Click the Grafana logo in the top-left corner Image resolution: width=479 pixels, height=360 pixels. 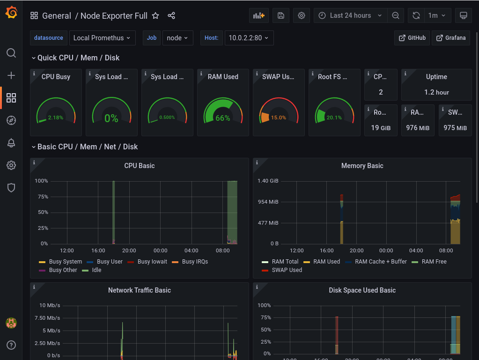click(11, 13)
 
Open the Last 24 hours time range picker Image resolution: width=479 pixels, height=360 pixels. click(350, 15)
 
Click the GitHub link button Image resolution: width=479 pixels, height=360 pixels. click(412, 38)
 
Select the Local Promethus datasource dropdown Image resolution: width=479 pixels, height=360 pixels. click(103, 38)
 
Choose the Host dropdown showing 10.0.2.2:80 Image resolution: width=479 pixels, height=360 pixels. click(249, 38)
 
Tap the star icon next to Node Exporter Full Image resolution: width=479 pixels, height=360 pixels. click(155, 16)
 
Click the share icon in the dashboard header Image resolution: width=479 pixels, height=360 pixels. click(171, 16)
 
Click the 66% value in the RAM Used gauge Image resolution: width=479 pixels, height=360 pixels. click(223, 118)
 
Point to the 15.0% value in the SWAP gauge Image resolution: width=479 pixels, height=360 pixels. click(279, 118)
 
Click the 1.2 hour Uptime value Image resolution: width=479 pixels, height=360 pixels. click(436, 92)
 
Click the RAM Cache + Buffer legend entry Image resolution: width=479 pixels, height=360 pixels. click(381, 262)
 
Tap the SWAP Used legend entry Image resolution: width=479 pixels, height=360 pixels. click(287, 270)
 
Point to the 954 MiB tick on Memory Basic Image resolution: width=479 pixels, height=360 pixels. click(268, 202)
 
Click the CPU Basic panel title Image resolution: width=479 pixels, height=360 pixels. click(139, 166)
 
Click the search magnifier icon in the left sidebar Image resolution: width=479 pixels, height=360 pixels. click(11, 53)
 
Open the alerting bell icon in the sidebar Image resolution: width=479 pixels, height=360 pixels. click(11, 143)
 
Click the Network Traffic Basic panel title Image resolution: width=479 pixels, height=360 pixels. click(139, 290)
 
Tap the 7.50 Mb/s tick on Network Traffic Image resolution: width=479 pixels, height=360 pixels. click(50, 318)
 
